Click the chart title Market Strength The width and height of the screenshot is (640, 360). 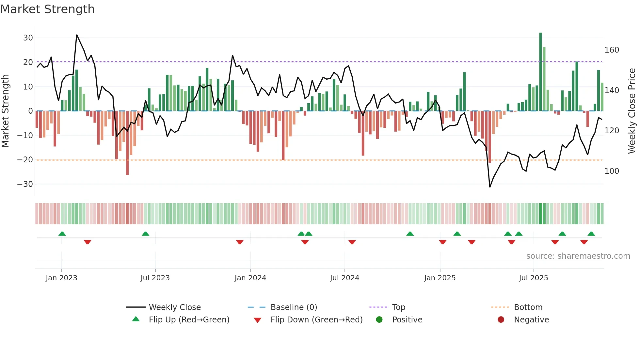pos(47,9)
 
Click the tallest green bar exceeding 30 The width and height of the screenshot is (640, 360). pos(540,72)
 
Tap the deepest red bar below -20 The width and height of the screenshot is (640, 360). pos(127,143)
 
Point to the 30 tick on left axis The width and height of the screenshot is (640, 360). pos(28,38)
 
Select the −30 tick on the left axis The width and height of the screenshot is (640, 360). pos(25,184)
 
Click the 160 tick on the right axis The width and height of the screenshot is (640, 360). pos(612,50)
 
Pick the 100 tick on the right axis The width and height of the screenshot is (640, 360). pos(612,171)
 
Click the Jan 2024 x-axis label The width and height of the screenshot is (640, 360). pos(250,278)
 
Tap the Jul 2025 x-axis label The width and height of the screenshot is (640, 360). pos(533,278)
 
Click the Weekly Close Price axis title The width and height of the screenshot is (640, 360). pos(632,111)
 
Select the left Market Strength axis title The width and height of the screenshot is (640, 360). pos(6,111)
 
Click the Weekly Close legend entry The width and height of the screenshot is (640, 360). pos(174,307)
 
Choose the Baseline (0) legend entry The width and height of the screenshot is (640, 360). pos(294,307)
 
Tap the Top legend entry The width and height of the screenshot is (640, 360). pos(398,307)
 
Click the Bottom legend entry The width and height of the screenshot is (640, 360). pos(528,307)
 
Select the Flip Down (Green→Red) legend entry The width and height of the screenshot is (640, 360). pos(316,320)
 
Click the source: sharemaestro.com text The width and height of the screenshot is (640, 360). pos(578,256)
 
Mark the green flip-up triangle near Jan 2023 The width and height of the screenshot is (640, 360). pos(62,234)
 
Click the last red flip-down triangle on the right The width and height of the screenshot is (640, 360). pos(584,242)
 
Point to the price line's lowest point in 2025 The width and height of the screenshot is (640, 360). pos(490,187)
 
